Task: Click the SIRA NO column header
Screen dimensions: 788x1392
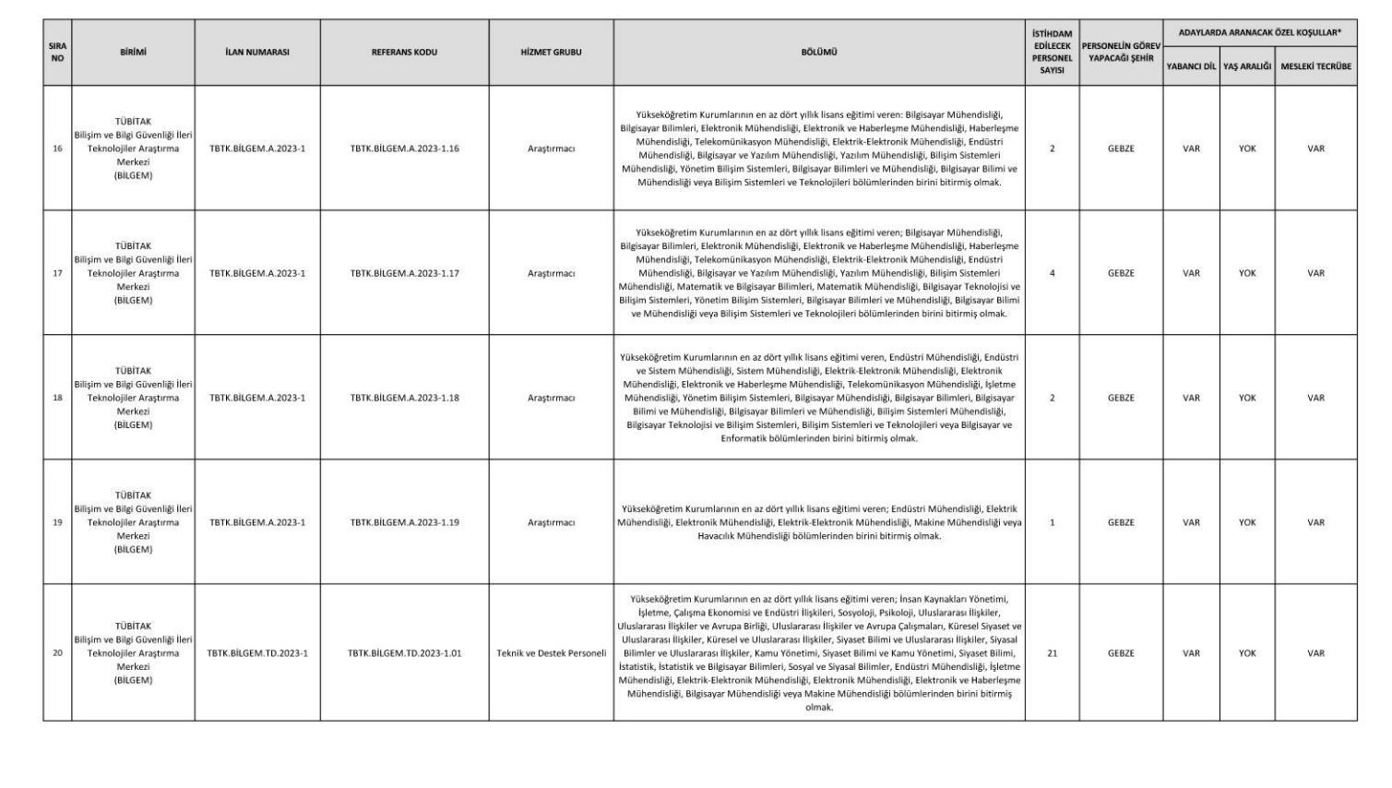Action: (57, 52)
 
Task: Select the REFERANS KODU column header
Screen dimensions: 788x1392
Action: (404, 53)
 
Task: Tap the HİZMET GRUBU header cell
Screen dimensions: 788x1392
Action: (551, 53)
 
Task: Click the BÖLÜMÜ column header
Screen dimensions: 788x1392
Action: (819, 53)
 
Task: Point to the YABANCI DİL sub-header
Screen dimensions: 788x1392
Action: (1191, 66)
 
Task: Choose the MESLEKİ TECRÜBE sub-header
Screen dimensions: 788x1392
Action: (1315, 66)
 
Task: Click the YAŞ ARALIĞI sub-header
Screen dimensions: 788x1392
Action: (1247, 66)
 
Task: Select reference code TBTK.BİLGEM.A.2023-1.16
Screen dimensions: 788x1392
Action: (404, 149)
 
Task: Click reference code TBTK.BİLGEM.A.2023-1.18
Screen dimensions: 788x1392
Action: (404, 399)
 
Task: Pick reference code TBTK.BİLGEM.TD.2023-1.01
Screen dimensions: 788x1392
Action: (404, 653)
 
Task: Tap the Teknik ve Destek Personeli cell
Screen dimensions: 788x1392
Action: (551, 653)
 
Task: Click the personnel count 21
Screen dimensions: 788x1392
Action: (1052, 653)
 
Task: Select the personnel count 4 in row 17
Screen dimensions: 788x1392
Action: (1052, 273)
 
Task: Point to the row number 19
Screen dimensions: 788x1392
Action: (57, 522)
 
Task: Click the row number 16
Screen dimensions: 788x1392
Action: (57, 149)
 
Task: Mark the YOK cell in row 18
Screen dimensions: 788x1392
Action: (1247, 399)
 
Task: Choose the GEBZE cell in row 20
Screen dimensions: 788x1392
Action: (1121, 653)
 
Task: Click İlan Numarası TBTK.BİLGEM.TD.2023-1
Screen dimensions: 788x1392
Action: (257, 653)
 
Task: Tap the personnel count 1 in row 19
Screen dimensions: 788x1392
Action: (1052, 522)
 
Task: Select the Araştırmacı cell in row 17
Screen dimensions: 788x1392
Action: (551, 273)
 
